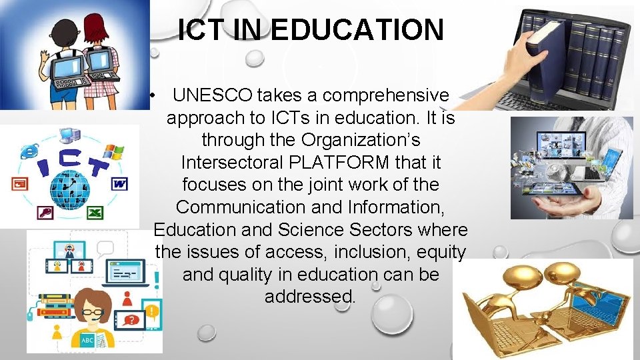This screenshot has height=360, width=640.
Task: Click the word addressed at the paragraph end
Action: coord(310,296)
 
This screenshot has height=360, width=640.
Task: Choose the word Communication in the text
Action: coord(241,207)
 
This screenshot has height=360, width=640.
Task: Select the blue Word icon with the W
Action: coord(120,183)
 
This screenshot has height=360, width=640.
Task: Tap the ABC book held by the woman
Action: coord(87,341)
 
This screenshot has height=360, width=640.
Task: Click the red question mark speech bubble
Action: coord(131,321)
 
